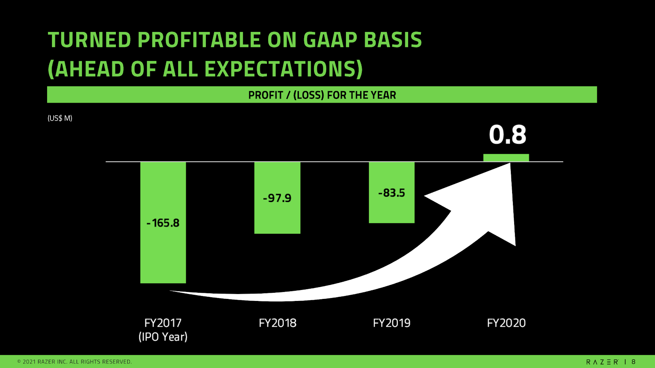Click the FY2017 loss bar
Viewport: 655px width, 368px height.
(x=163, y=222)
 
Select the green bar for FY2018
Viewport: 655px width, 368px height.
(x=277, y=198)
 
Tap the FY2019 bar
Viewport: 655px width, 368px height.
(x=391, y=193)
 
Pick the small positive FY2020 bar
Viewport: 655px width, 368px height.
(x=506, y=158)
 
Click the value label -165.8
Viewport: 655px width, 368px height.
(x=163, y=223)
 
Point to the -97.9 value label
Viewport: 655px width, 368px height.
(x=277, y=198)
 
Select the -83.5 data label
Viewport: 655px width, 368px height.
(x=391, y=193)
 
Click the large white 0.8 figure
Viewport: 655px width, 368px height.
(x=508, y=135)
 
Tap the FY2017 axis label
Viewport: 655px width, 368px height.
(x=163, y=323)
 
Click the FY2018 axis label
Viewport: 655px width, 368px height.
(x=278, y=323)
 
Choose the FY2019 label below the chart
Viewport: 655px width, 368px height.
(x=392, y=323)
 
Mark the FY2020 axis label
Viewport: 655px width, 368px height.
(x=506, y=323)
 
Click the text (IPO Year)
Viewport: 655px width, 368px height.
(x=163, y=337)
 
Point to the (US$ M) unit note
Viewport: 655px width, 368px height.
(x=60, y=118)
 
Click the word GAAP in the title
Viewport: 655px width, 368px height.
(x=330, y=40)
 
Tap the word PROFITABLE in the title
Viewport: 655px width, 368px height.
(x=199, y=40)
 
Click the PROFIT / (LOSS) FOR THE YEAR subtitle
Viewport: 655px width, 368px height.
(x=322, y=95)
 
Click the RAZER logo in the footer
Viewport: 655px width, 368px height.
(x=602, y=362)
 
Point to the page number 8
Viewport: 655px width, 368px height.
(x=634, y=362)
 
